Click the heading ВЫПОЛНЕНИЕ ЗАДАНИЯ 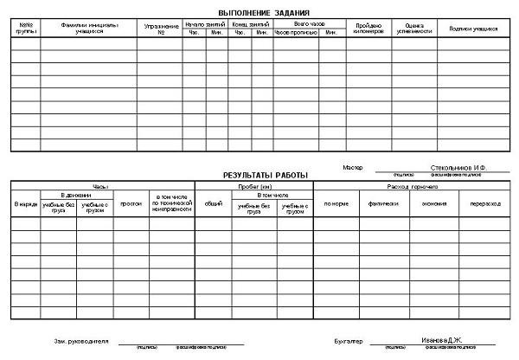[266, 12]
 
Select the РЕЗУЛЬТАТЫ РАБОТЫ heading [266, 175]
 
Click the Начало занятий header [204, 23]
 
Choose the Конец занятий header [250, 23]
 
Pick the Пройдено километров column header [368, 29]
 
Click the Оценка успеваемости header [413, 29]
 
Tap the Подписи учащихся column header [472, 29]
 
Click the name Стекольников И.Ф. [458, 167]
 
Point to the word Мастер [353, 167]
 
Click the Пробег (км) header [253, 186]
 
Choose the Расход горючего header [410, 186]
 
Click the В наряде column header [25, 204]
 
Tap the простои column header [131, 204]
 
